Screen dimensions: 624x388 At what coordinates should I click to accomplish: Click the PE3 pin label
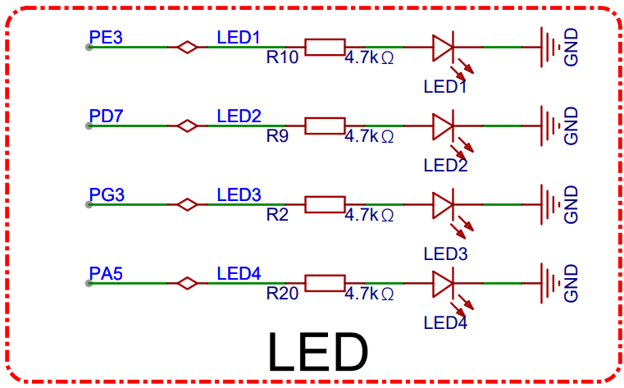tap(106, 38)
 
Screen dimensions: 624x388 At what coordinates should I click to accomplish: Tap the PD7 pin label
tap(107, 116)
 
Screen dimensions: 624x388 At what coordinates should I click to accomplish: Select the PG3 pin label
tap(107, 195)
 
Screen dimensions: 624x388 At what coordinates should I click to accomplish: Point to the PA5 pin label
tap(106, 274)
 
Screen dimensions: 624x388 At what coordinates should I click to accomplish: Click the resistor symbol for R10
tap(325, 47)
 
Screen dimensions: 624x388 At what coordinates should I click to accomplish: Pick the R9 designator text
tap(277, 136)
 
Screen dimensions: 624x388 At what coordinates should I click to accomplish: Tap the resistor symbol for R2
tap(325, 204)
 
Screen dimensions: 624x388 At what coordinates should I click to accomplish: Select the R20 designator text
tap(282, 294)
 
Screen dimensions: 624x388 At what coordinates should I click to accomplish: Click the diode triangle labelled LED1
tap(443, 47)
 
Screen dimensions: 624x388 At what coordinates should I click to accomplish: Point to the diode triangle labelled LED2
tap(443, 126)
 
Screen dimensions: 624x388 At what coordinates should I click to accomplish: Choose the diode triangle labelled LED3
tap(443, 204)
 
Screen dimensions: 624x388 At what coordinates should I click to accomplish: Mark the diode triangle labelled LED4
tap(443, 283)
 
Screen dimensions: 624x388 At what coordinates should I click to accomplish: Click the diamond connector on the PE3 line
tap(187, 47)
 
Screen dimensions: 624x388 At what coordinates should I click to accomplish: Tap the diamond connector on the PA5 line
tap(187, 283)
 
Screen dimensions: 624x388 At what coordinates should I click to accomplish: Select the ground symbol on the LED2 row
tap(550, 126)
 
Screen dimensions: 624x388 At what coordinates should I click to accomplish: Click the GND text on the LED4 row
tap(571, 283)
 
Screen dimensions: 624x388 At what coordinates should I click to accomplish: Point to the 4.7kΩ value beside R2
tap(369, 215)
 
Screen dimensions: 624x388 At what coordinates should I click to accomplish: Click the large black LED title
tap(318, 352)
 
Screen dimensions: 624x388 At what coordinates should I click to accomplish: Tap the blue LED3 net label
tap(239, 195)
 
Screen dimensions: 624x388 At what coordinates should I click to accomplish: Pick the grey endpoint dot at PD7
tap(89, 126)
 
